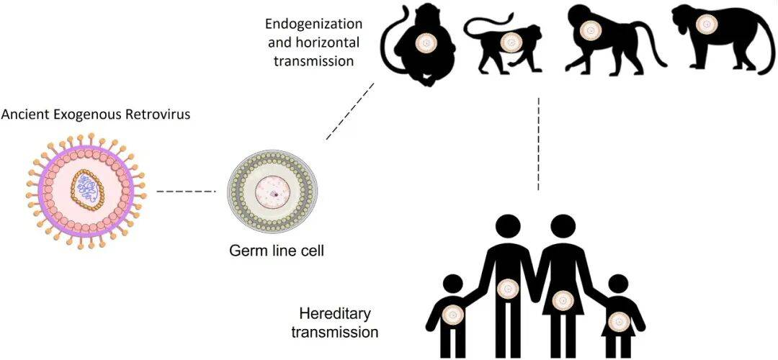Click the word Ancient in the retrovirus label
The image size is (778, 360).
point(23,114)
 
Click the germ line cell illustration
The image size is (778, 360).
point(267,191)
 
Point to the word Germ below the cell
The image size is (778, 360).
point(245,251)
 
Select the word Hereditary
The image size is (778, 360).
point(334,315)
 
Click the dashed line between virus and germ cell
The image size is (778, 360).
point(186,192)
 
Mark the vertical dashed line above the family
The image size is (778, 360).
point(539,144)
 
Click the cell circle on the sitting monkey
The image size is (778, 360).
point(426,42)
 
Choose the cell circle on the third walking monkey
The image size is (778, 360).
point(591,30)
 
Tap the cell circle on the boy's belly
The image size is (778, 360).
point(453,315)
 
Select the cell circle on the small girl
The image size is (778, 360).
point(617,319)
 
